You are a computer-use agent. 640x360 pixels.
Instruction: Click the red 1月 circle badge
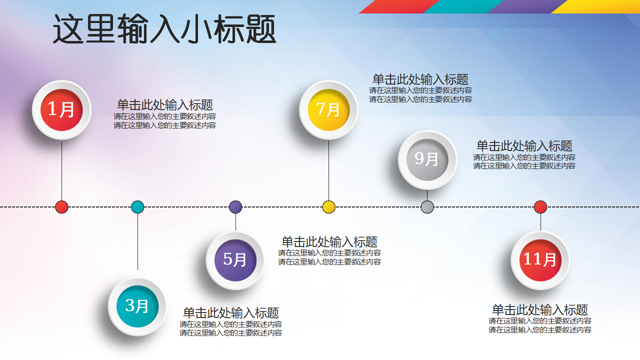point(61,110)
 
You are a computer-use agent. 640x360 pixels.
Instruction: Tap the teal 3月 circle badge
point(137,306)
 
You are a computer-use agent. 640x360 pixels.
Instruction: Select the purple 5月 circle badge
point(235,260)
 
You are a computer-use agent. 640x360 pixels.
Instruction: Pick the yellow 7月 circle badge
point(328,110)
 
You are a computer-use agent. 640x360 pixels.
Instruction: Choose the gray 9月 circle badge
point(427,159)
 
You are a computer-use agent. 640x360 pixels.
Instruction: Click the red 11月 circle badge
point(540,260)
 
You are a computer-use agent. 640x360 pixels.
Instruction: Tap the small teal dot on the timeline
point(137,207)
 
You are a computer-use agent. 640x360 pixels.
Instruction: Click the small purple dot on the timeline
point(235,207)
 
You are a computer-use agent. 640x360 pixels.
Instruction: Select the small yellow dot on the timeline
point(328,207)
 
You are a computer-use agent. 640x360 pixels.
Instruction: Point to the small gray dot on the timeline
point(427,207)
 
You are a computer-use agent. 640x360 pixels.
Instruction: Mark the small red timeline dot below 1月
point(61,207)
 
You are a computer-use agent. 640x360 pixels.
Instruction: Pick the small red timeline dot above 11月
point(540,207)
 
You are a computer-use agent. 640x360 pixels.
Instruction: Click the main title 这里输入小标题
point(164,29)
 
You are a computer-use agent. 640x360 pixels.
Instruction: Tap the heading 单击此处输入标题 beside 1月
point(165,105)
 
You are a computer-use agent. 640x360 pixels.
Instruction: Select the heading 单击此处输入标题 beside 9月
point(524,145)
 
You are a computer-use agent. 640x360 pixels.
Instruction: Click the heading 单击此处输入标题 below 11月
point(539,309)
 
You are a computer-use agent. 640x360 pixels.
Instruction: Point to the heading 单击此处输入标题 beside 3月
point(231,312)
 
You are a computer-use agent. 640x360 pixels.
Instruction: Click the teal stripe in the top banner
point(463,6)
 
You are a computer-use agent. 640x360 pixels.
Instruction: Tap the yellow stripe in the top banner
point(597,6)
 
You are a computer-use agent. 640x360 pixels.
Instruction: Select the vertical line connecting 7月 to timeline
point(328,170)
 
